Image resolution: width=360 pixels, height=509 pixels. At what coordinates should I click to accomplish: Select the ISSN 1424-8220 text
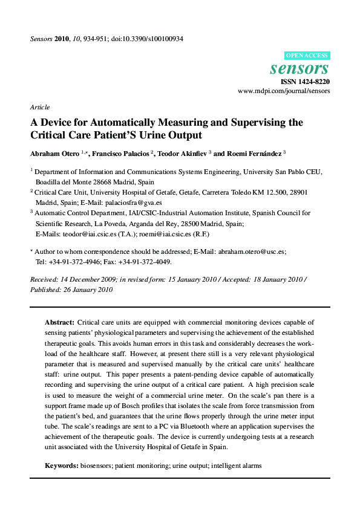[306, 82]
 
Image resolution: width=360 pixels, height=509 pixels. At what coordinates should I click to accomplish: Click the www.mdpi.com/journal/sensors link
[284, 91]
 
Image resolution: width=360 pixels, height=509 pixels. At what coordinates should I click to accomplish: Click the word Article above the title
[39, 107]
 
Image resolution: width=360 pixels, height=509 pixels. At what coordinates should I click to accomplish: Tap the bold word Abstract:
[59, 323]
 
